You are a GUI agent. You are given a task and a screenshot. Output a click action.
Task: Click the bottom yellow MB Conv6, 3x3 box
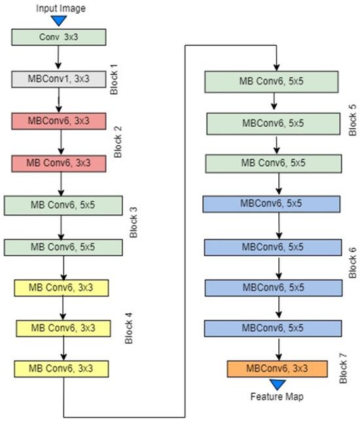tap(61, 368)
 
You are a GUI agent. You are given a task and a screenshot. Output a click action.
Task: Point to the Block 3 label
tap(133, 222)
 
